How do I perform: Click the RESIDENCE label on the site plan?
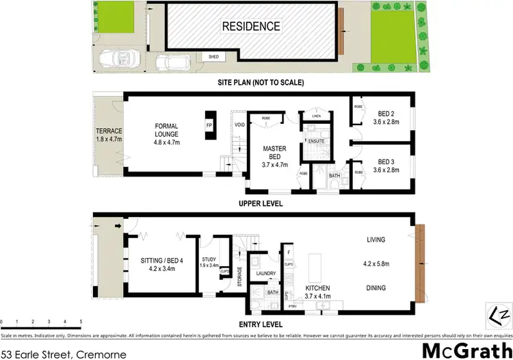(x=250, y=27)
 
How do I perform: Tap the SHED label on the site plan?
(x=204, y=57)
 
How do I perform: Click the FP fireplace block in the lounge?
(x=209, y=126)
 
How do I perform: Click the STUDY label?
(x=209, y=259)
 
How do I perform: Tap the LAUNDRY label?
(x=265, y=273)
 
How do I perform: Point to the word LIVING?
(x=376, y=240)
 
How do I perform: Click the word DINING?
(x=376, y=288)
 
